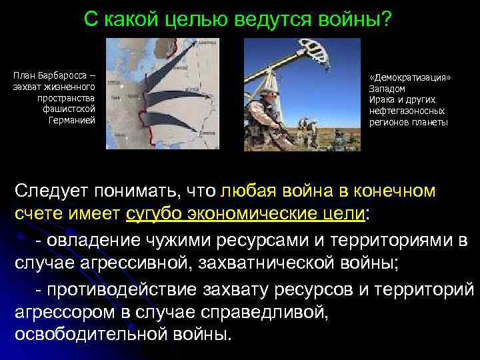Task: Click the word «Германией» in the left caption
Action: click(x=73, y=121)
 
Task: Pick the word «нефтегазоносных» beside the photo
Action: click(x=407, y=111)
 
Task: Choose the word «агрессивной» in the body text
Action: click(x=137, y=262)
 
